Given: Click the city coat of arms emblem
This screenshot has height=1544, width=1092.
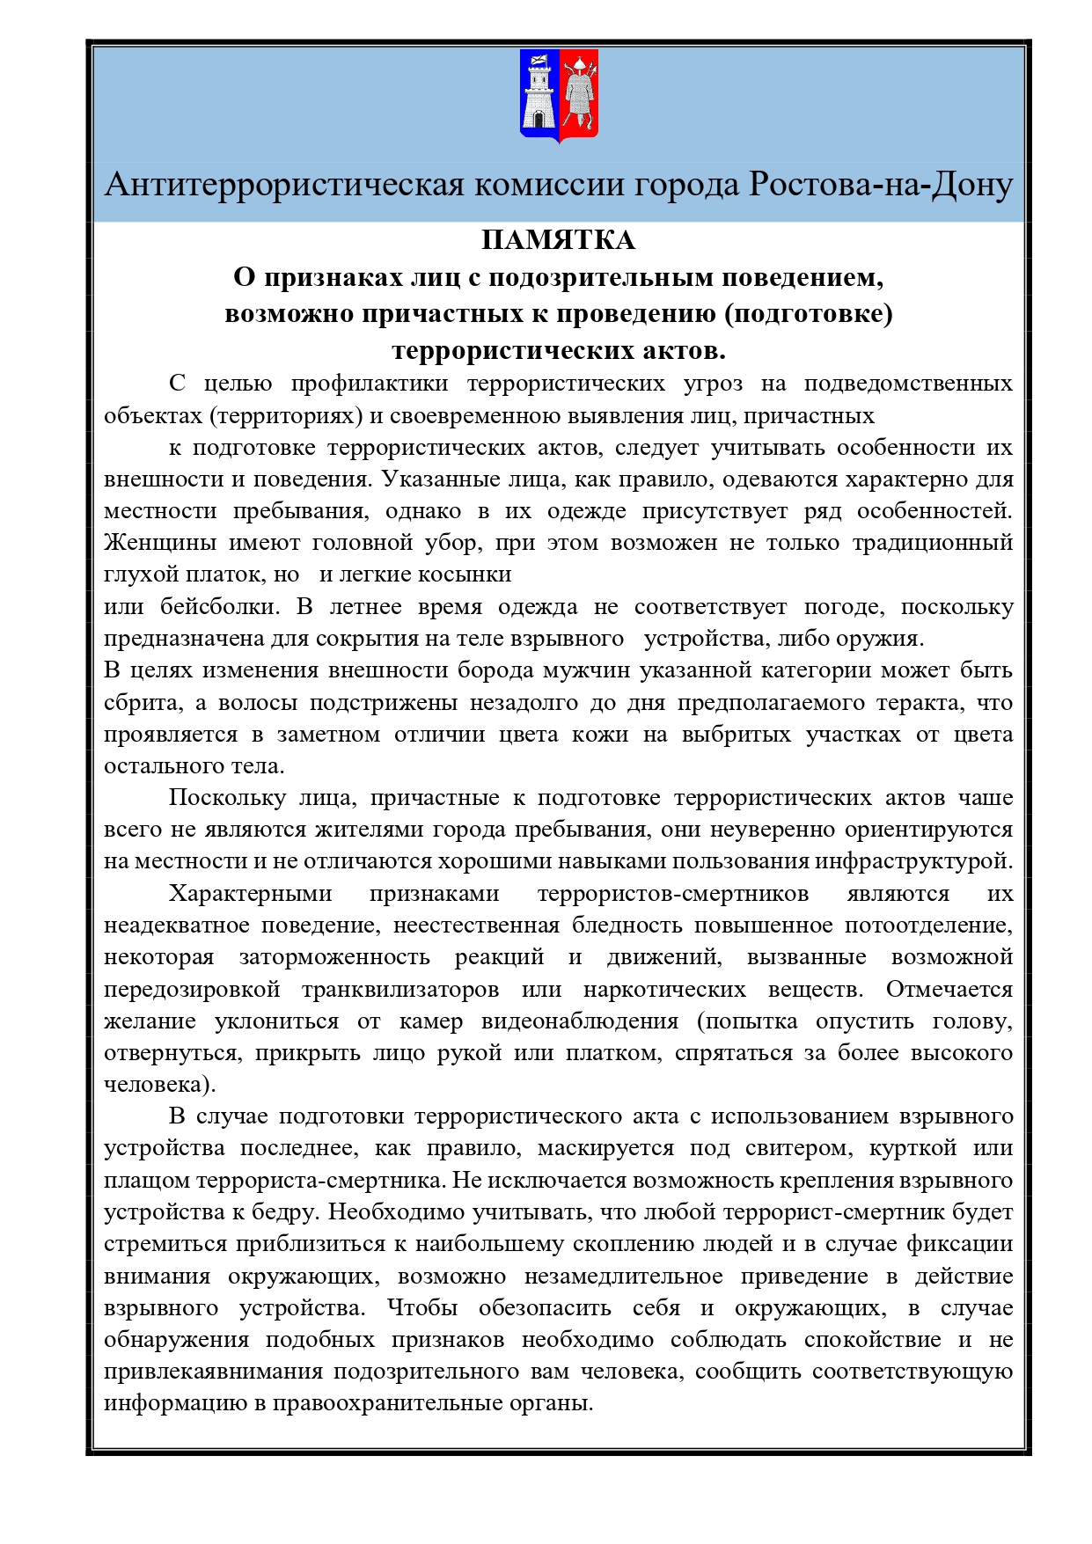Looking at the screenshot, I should coord(559,96).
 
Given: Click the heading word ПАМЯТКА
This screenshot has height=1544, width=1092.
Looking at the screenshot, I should coord(558,240).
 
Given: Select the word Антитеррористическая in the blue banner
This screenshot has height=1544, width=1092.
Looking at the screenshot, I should coord(284,186).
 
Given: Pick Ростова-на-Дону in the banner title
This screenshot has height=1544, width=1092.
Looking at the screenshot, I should coord(880,186).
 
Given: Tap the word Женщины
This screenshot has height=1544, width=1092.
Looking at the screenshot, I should coord(160,543).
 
